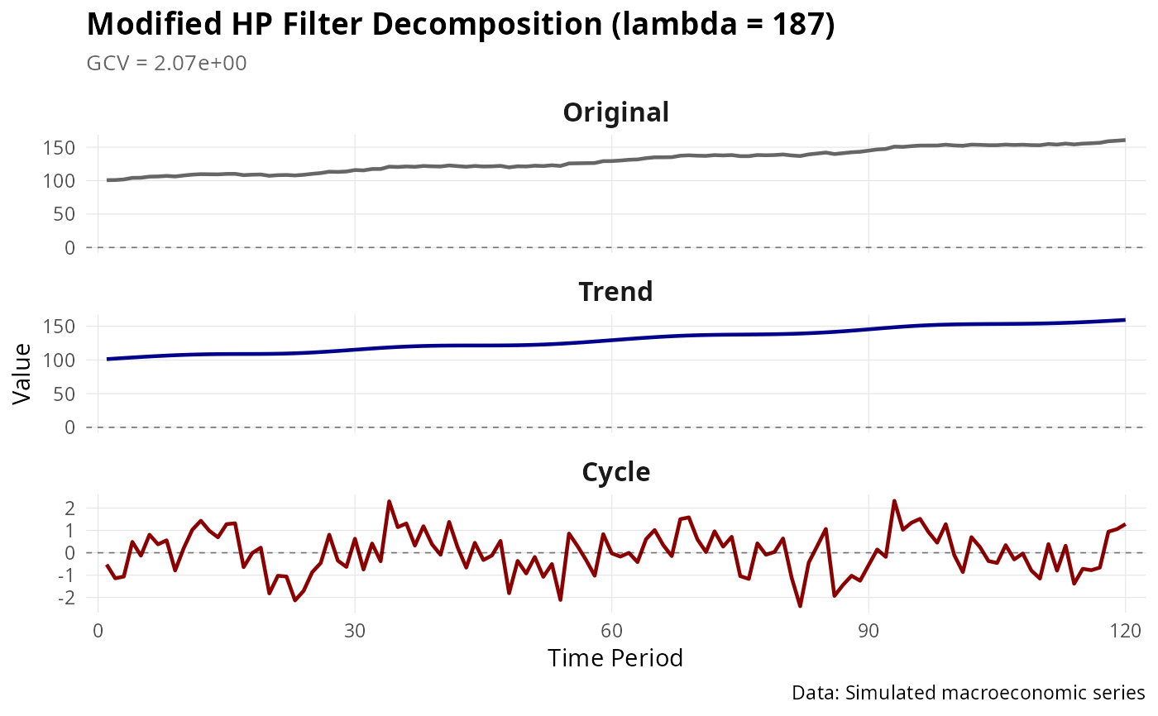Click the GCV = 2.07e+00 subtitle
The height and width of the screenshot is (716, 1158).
[x=166, y=64]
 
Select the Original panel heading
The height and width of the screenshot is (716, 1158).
[x=616, y=112]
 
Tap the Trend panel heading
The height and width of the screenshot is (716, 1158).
[x=616, y=292]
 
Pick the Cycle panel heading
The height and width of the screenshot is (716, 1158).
[x=616, y=472]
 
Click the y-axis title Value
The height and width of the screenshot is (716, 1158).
[x=22, y=374]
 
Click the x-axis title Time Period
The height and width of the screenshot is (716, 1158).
[x=615, y=658]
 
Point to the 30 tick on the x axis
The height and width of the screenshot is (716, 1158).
[x=354, y=629]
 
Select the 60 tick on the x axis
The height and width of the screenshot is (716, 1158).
[x=611, y=629]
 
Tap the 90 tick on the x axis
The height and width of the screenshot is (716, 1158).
[x=868, y=629]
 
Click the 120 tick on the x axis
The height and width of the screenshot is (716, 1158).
[x=1124, y=629]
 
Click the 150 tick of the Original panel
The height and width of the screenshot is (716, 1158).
[x=65, y=148]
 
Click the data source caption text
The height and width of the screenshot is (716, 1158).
[x=968, y=692]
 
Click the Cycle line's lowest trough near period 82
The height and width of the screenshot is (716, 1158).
[x=800, y=606]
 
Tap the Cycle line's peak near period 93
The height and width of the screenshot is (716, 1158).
[x=894, y=501]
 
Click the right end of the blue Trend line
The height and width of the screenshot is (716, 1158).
[x=1124, y=320]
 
